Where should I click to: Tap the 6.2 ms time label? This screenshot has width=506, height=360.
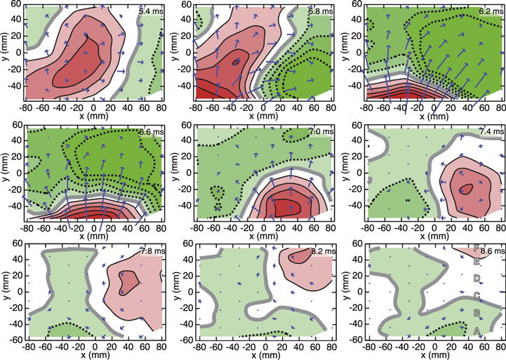point(488,12)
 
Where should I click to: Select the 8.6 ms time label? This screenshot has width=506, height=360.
point(488,251)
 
